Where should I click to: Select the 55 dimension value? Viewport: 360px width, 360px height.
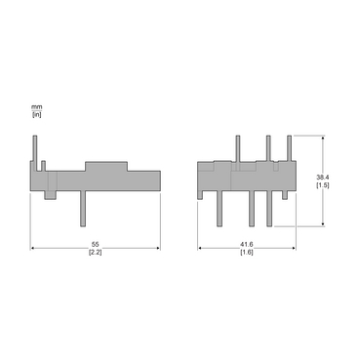point(95,244)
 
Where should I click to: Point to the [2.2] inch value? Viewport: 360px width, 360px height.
point(95,253)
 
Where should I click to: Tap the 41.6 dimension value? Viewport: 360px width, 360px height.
point(247,244)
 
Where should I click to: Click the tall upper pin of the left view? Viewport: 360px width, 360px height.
point(36,146)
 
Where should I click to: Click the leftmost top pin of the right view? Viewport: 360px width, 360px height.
point(239,145)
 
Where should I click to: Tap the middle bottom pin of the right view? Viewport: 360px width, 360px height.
point(253,207)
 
